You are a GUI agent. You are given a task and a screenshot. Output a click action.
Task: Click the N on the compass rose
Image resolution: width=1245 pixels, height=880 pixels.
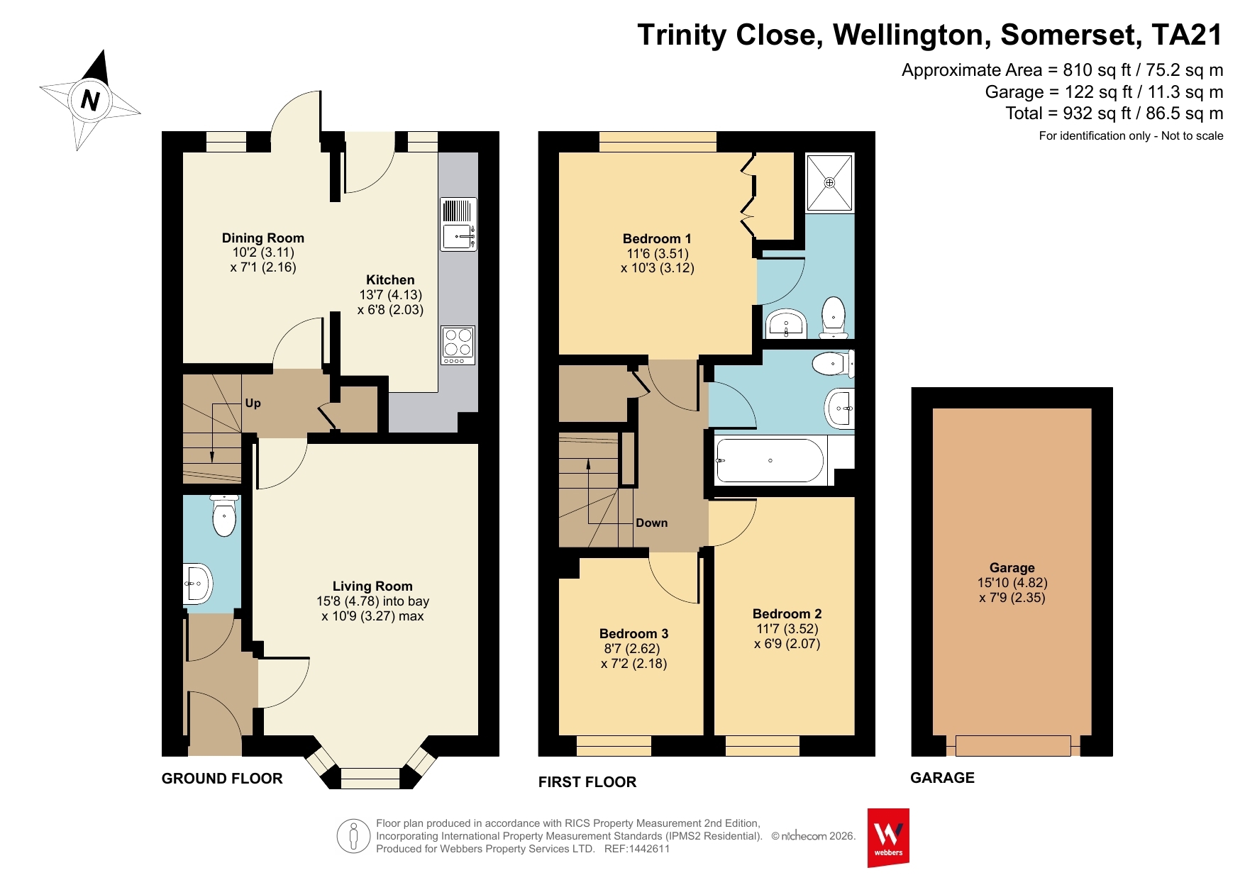(90, 100)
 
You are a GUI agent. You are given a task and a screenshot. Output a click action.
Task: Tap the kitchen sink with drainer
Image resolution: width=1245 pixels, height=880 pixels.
(458, 224)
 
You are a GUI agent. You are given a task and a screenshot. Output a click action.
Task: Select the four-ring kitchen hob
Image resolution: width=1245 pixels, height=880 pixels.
(458, 345)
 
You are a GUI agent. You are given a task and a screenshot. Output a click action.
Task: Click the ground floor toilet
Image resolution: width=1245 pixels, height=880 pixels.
(224, 516)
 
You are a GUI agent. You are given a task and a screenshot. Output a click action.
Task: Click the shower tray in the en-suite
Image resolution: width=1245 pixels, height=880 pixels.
(829, 183)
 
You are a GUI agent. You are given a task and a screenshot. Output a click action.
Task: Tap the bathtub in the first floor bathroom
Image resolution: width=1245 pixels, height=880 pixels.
(770, 460)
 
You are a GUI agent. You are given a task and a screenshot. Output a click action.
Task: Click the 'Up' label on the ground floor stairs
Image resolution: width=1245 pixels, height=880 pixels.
(253, 403)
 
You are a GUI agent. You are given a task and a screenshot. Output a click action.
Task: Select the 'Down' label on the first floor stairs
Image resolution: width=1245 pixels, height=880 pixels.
(651, 523)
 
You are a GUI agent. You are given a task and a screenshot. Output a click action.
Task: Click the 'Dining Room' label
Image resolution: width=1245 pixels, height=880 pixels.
(262, 238)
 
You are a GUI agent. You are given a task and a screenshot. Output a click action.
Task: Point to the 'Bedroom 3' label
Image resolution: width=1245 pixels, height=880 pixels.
(633, 634)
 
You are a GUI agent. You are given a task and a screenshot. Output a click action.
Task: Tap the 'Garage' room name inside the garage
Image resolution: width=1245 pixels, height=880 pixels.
(1012, 567)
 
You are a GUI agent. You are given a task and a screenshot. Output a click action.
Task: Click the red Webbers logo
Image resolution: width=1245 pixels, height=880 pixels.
(888, 837)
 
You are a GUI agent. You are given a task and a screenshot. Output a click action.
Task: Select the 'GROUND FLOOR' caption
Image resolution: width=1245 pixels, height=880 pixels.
(222, 779)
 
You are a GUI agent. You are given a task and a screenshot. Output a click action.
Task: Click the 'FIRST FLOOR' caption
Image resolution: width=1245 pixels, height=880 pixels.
(587, 782)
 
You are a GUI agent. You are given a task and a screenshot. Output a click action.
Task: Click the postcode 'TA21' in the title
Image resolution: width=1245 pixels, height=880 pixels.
(1187, 35)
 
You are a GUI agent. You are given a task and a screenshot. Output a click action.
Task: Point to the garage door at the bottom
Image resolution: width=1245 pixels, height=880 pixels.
(1012, 746)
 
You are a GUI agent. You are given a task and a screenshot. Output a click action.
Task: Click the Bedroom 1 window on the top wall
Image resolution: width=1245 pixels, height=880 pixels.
(658, 142)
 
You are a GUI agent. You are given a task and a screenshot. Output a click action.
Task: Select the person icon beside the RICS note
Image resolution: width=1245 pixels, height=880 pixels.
(353, 836)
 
